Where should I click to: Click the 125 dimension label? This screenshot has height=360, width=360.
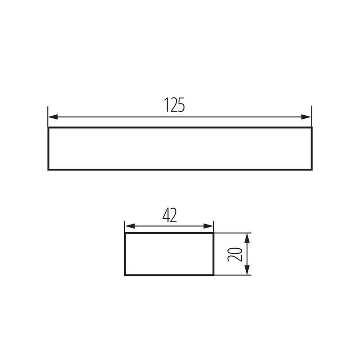coord(174,105)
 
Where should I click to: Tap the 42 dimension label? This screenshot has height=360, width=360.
coord(169,216)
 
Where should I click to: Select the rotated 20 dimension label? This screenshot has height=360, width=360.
coord(236,254)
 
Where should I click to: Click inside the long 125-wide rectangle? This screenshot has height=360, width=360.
coord(180,148)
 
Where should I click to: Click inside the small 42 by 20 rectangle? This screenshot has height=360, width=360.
coord(169,254)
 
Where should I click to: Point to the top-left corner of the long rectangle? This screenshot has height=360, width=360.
coord(48,128)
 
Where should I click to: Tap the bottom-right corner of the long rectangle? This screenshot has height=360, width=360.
coord(311,170)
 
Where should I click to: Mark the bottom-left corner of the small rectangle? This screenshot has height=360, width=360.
coord(125,274)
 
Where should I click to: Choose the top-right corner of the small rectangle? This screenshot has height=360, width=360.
coord(213,233)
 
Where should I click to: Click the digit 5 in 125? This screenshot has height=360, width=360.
coord(181,105)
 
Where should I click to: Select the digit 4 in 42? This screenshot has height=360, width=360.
coord(166,216)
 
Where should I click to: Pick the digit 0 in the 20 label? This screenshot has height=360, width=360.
coord(236,250)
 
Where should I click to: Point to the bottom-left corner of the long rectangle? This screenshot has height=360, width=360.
coord(48,170)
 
